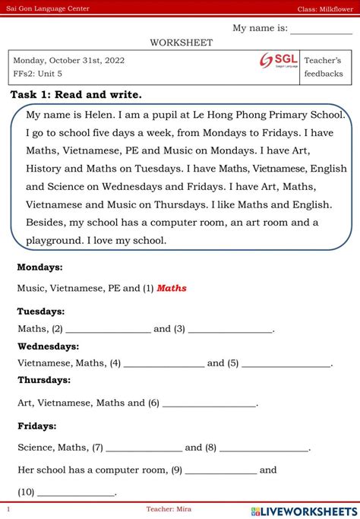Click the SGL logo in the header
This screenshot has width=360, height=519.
point(278,60)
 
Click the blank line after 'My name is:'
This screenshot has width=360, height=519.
point(316,30)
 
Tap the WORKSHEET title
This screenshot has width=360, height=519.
point(181,43)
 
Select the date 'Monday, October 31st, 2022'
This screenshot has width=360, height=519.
point(69,60)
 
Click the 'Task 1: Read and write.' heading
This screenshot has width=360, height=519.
point(76,95)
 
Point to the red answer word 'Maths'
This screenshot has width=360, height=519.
point(172,289)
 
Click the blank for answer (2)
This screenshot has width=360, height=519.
point(108,330)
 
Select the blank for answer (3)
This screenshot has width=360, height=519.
point(230,330)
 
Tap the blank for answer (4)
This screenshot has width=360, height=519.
point(163,364)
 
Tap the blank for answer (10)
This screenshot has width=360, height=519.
point(76,492)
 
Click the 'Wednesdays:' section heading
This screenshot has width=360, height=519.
point(49,347)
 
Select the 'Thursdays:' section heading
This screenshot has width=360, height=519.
point(44,380)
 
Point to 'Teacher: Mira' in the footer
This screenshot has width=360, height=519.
point(169,508)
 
